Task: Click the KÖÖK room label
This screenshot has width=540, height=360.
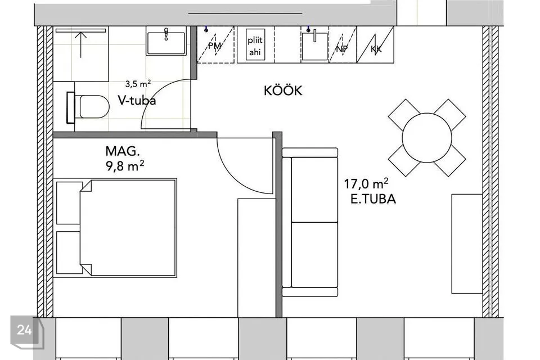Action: click(283, 91)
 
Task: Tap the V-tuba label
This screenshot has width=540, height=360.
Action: click(137, 100)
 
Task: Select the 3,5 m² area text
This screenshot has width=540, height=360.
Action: click(138, 84)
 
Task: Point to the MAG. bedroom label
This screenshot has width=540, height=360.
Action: click(123, 151)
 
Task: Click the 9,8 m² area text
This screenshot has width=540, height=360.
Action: click(125, 166)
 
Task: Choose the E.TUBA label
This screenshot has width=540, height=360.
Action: click(373, 199)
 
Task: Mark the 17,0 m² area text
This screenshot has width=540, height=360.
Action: click(366, 183)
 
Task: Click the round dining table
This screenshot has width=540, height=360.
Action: click(427, 138)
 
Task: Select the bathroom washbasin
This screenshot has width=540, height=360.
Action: click(166, 40)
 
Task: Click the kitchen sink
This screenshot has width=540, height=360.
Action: click(314, 46)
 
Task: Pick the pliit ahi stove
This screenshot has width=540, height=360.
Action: click(255, 46)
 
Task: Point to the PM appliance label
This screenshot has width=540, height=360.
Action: click(214, 46)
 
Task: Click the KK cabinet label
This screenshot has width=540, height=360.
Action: click(376, 49)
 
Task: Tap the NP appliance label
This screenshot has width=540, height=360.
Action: click(341, 49)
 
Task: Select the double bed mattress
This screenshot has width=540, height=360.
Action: click(128, 228)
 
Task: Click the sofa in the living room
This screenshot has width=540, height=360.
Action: click(310, 222)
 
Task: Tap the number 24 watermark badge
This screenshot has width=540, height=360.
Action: click(25, 330)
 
